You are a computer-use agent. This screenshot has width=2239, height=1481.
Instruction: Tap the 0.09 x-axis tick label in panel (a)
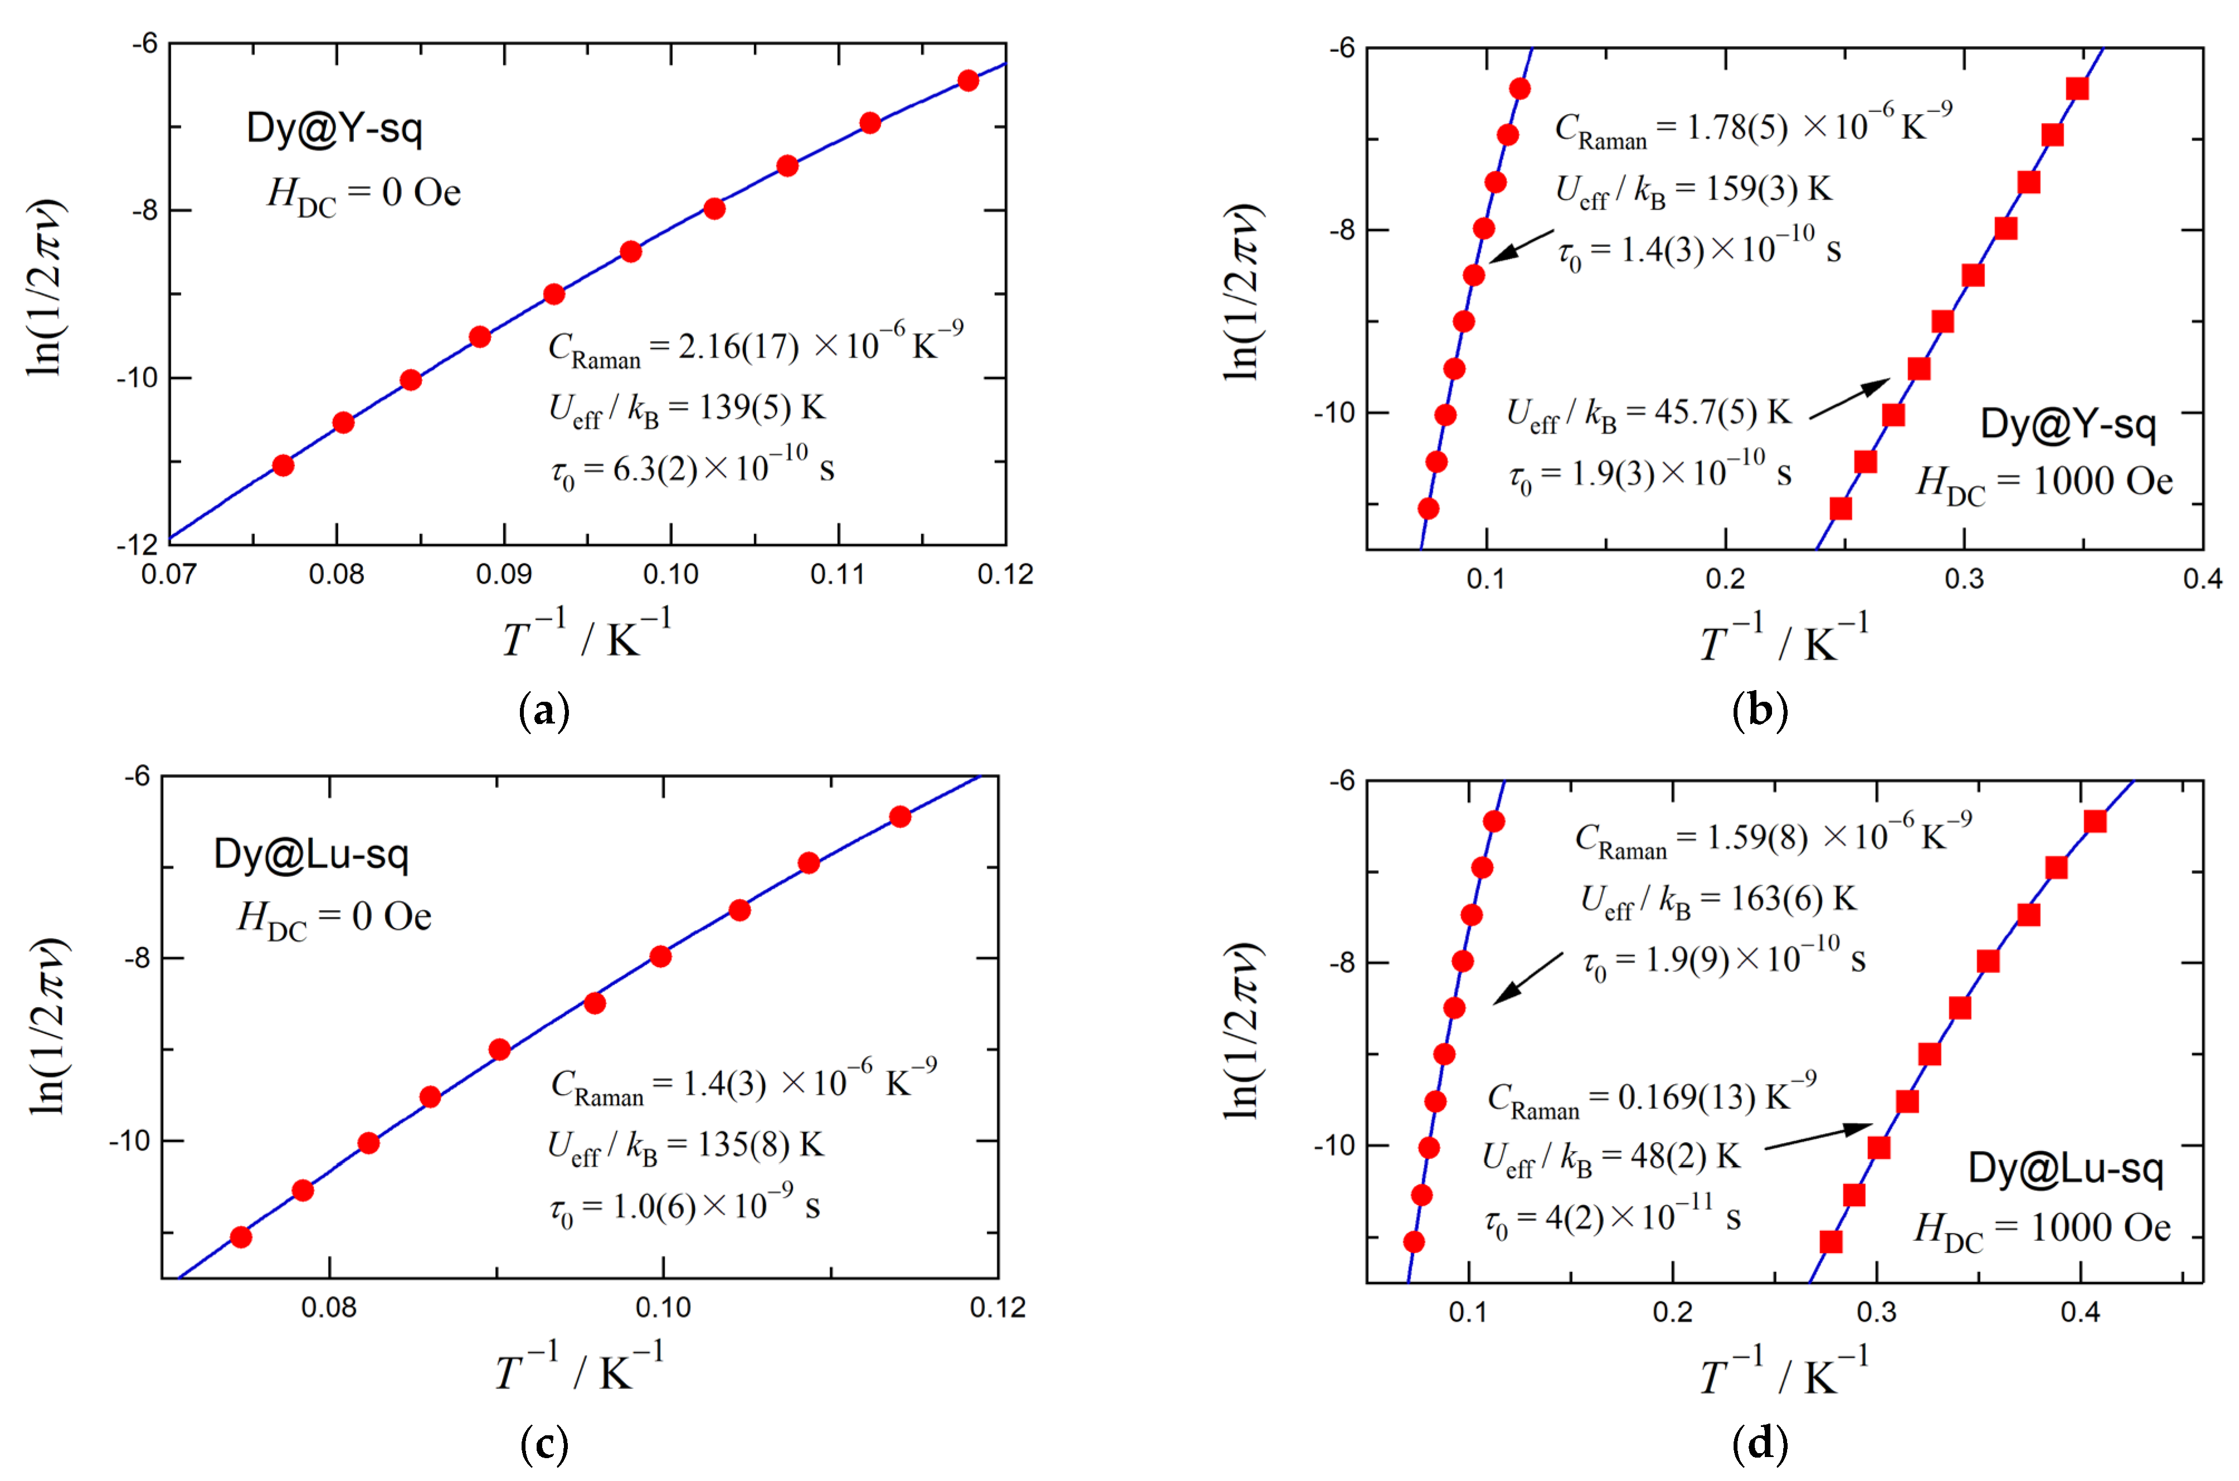click(x=503, y=574)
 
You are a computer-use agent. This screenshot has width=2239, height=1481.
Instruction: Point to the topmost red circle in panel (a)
click(x=968, y=80)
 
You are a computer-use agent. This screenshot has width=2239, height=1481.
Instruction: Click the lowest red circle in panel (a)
click(x=283, y=465)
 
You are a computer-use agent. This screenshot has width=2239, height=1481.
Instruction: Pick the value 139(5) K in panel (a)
click(x=761, y=408)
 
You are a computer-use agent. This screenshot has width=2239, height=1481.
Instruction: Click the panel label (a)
click(x=545, y=710)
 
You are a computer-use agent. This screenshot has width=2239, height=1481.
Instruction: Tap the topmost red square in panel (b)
click(x=2077, y=89)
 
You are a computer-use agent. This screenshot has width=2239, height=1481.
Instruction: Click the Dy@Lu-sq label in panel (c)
click(x=311, y=854)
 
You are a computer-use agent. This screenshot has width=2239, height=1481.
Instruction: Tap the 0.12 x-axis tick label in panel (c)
click(x=997, y=1307)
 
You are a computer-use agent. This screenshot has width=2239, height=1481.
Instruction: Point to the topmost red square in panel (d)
click(x=2095, y=822)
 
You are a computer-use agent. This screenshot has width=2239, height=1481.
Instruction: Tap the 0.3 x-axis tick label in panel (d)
click(x=1876, y=1312)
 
